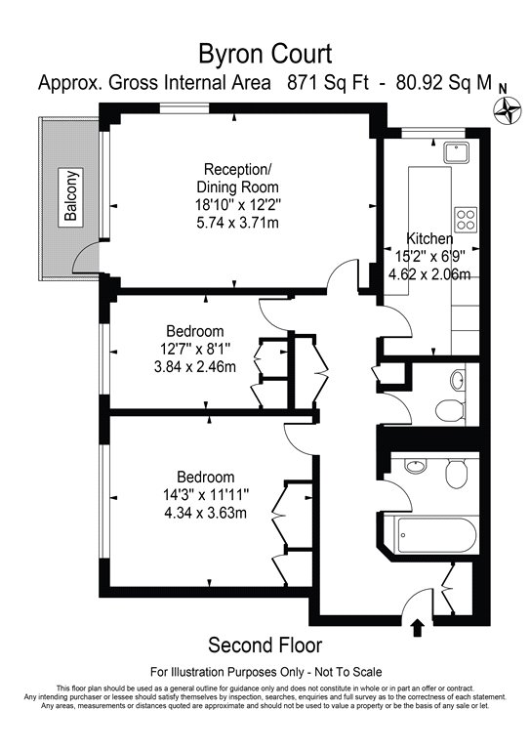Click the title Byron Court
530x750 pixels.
(x=265, y=54)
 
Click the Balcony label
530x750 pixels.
(x=72, y=196)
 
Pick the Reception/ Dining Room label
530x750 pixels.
(x=237, y=177)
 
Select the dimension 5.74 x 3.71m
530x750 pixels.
(x=237, y=224)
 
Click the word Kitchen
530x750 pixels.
(x=429, y=238)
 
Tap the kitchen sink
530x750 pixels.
(x=456, y=152)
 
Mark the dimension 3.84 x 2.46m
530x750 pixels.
(x=209, y=367)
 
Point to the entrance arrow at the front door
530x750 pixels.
(x=418, y=627)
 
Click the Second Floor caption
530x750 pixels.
(x=265, y=646)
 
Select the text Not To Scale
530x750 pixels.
(x=348, y=672)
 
